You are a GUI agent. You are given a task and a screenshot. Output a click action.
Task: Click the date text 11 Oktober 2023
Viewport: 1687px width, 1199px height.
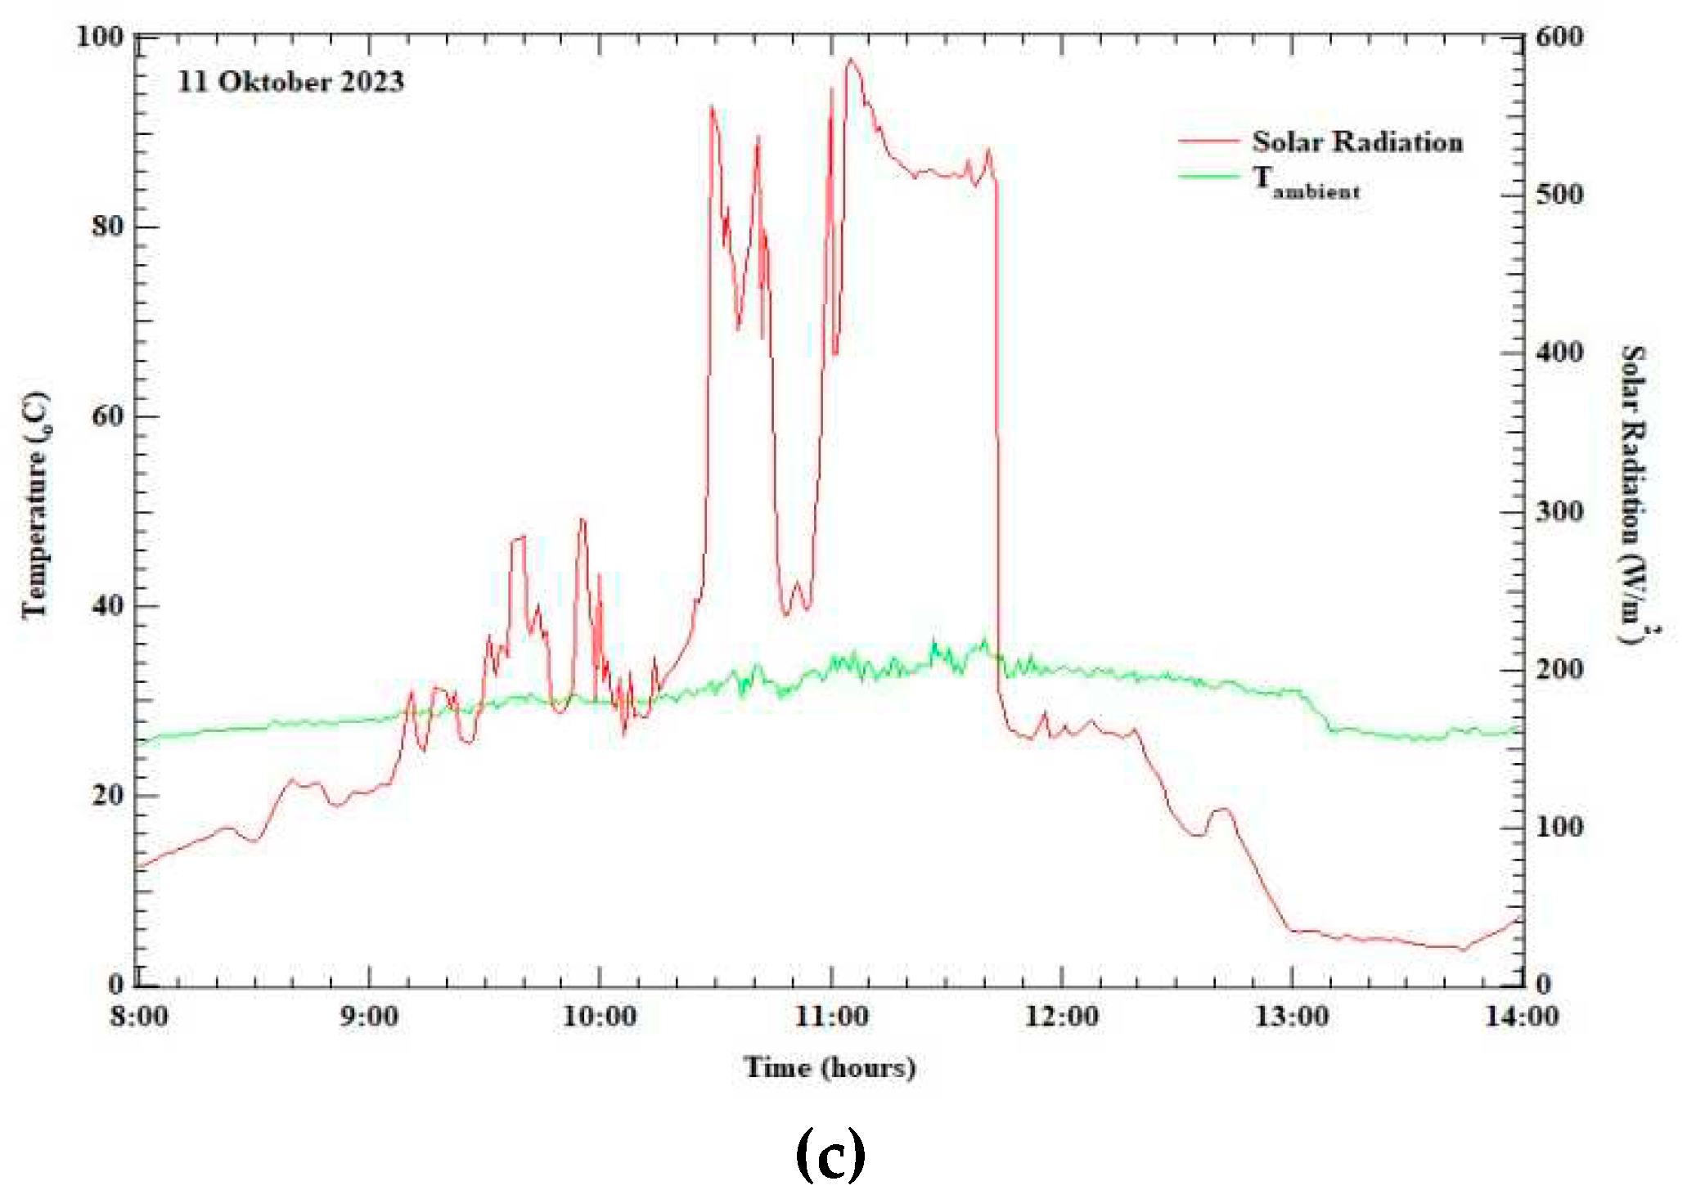click(x=290, y=82)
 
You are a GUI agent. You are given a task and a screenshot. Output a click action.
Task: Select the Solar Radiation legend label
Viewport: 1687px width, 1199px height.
click(x=1356, y=141)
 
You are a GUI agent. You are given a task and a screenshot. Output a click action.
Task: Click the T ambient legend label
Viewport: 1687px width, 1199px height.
click(x=1307, y=182)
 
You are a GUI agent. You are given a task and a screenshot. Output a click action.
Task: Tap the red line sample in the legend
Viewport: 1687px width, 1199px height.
click(x=1208, y=141)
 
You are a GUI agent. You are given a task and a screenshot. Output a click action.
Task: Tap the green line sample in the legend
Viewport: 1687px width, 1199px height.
click(x=1208, y=175)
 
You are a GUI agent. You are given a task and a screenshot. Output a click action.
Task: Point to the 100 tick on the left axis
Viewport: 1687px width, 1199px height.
click(x=100, y=37)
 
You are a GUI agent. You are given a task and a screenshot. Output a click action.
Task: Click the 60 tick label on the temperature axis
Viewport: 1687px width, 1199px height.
click(x=108, y=415)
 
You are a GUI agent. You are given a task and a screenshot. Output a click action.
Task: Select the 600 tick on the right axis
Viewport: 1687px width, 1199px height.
click(x=1559, y=37)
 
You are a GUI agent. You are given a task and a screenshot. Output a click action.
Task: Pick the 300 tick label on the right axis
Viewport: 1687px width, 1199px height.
click(x=1559, y=512)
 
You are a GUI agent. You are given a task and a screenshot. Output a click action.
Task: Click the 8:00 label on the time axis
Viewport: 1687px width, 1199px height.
click(x=139, y=1017)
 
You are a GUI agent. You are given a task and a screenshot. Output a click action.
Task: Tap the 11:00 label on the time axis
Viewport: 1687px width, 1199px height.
click(x=832, y=1017)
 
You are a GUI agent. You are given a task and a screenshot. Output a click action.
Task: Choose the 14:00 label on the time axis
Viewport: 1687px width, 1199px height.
click(x=1522, y=1017)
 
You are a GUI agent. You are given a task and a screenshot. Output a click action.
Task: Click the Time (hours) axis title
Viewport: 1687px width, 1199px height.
click(x=830, y=1067)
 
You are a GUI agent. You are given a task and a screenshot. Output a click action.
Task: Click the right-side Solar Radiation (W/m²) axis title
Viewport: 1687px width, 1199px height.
click(x=1635, y=495)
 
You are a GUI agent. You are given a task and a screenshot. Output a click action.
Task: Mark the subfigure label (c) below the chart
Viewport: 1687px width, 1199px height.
click(x=830, y=1153)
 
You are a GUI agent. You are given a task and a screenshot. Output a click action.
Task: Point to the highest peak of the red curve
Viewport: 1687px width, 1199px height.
click(x=851, y=59)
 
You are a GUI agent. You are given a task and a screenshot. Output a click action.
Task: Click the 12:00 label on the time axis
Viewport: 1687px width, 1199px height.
click(x=1062, y=1017)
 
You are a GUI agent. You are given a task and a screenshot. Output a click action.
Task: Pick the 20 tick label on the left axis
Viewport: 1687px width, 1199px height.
click(x=108, y=795)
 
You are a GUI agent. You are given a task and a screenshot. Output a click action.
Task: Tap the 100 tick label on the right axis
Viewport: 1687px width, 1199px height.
click(x=1559, y=827)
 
